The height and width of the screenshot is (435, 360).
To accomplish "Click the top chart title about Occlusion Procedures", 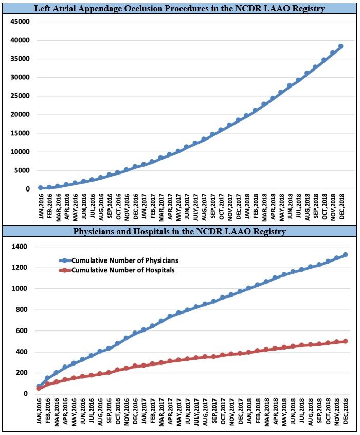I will click(179, 9).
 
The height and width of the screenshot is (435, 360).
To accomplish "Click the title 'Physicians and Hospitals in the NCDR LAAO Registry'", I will click(179, 232).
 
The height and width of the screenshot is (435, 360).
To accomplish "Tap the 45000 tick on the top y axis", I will click(19, 21).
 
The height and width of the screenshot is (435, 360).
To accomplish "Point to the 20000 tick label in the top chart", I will click(19, 114).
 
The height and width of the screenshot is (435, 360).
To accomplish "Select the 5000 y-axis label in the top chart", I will click(21, 170).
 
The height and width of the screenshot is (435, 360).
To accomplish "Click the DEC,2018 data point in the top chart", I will click(340, 46).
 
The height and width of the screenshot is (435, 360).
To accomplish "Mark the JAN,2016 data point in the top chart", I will click(41, 188).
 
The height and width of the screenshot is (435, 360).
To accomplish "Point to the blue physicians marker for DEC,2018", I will click(345, 254).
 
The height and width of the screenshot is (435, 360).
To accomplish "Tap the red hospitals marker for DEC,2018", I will click(345, 341).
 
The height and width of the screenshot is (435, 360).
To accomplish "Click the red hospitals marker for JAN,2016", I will click(39, 388).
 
